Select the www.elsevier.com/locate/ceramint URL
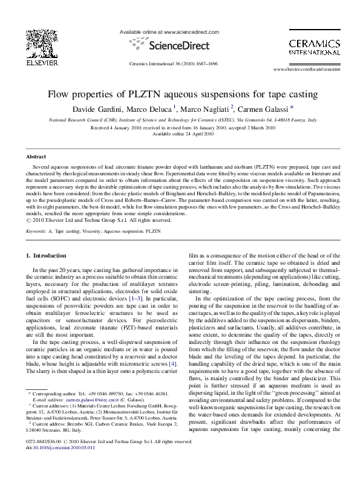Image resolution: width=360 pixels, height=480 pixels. [305, 70]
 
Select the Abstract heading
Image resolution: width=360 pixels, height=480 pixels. [36, 156]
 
